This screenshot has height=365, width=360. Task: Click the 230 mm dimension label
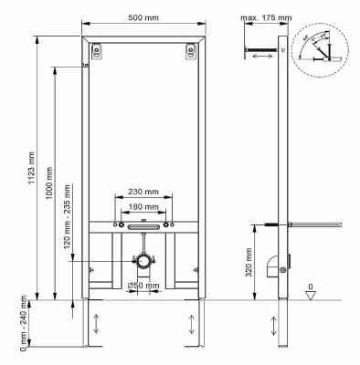(x=142, y=192)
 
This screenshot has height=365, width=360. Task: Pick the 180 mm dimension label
(x=142, y=206)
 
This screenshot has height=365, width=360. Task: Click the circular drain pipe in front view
(x=142, y=264)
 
